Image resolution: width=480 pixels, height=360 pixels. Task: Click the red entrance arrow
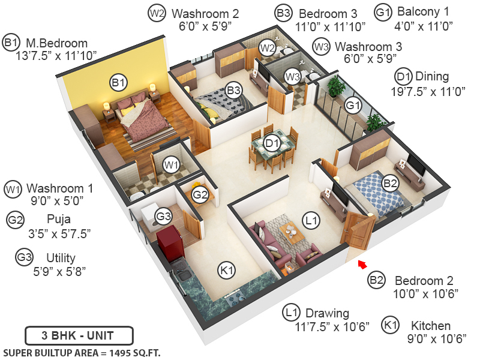click(x=361, y=263)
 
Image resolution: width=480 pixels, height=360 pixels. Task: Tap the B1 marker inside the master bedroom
click(x=118, y=82)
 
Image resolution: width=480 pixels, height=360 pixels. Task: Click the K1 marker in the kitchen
click(x=227, y=271)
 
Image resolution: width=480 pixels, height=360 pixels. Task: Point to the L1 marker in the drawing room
click(x=310, y=221)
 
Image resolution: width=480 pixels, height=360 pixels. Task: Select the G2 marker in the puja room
click(x=200, y=194)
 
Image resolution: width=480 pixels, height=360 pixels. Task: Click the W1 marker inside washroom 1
click(x=172, y=164)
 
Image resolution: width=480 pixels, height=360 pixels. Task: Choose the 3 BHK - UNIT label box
click(x=79, y=335)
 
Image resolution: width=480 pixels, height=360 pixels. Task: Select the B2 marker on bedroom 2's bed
click(x=391, y=183)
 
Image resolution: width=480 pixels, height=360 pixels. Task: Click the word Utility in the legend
click(x=61, y=258)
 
